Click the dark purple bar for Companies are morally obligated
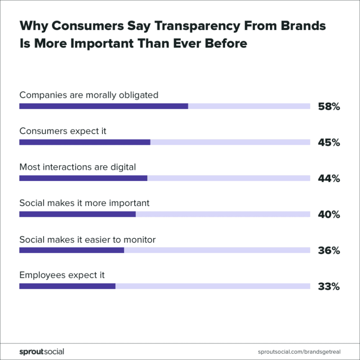tap(104, 106)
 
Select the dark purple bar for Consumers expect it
tap(85, 142)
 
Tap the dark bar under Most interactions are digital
tap(83, 178)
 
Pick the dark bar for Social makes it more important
tap(77, 214)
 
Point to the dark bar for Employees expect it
tap(67, 286)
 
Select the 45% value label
tap(329, 143)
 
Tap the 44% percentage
tap(329, 179)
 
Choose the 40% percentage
tap(329, 215)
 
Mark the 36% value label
tap(329, 251)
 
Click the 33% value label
tap(329, 287)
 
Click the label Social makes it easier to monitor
tap(87, 239)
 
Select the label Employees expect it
tap(62, 275)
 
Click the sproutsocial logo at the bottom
tap(41, 351)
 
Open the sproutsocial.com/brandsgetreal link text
tap(299, 351)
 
